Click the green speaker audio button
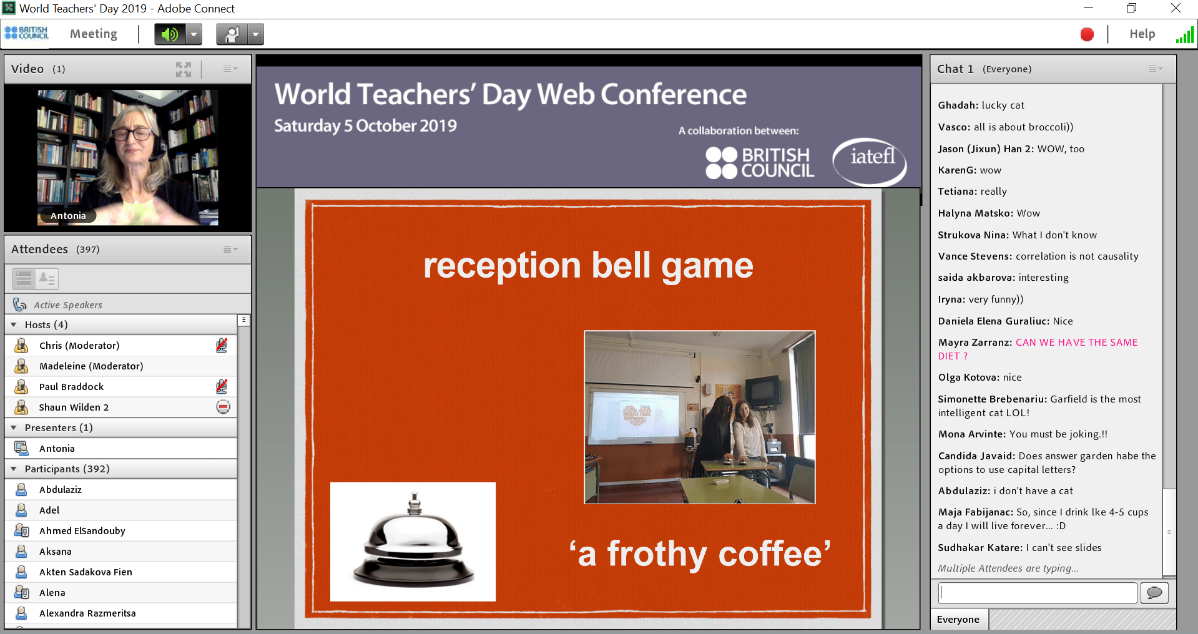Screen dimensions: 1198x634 point(170,34)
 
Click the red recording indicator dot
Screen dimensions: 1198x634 point(1087,34)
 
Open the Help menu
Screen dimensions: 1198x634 point(1142,34)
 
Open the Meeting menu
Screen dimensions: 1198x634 point(94,34)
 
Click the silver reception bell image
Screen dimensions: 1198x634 point(413,542)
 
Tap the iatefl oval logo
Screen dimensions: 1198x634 point(870,162)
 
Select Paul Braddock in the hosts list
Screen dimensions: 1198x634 point(71,387)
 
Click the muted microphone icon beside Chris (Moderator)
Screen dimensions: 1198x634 point(222,345)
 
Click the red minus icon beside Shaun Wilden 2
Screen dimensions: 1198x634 point(223,407)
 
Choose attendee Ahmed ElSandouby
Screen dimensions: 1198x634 point(82,531)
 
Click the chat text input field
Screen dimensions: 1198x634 point(1038,593)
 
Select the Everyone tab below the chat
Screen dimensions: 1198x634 point(958,620)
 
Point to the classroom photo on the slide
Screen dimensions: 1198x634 point(700,417)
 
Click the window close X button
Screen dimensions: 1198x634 point(1176,8)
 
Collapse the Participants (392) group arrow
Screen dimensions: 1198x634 point(14,469)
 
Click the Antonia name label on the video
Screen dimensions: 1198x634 point(68,216)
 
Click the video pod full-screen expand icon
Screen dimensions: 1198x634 point(184,69)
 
